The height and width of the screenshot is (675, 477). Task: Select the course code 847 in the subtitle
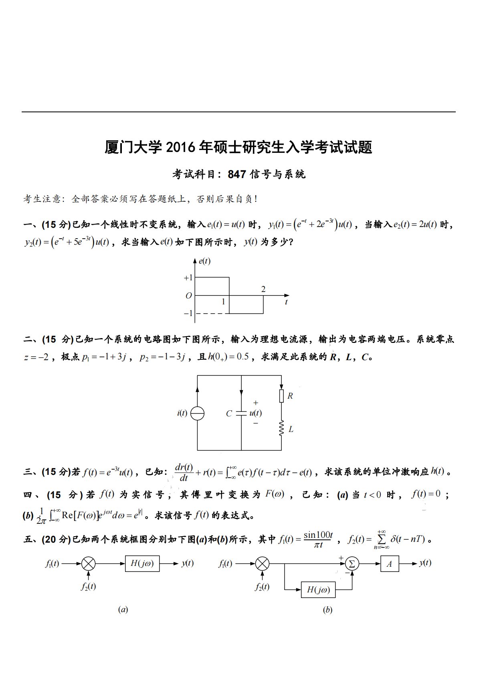tap(236, 174)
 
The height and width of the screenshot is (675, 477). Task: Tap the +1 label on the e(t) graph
tap(188, 278)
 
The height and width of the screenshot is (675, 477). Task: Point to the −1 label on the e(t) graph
tap(188, 313)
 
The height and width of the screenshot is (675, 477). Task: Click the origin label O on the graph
tap(188, 296)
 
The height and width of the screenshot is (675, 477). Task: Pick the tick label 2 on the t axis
tap(263, 289)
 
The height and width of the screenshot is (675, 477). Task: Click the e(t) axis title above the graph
tap(204, 261)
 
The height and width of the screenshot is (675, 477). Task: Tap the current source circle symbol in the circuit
tap(197, 413)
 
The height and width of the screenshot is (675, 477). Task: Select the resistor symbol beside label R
tap(281, 396)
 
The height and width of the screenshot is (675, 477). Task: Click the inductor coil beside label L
tap(281, 428)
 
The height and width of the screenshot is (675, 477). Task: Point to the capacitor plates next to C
tap(241, 413)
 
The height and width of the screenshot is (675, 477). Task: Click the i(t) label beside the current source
tap(182, 413)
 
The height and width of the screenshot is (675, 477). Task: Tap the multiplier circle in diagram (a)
tap(88, 564)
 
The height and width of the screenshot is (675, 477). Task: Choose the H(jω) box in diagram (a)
tap(142, 564)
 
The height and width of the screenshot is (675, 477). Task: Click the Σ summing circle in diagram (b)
tap(352, 564)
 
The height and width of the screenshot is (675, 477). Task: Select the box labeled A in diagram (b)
tap(389, 564)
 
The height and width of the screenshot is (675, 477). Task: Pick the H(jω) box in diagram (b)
tap(318, 590)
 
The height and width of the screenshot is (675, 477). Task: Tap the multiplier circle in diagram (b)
tap(262, 564)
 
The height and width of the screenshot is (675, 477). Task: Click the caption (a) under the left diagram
tap(123, 610)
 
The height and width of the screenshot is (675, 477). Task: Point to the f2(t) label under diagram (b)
tap(262, 587)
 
